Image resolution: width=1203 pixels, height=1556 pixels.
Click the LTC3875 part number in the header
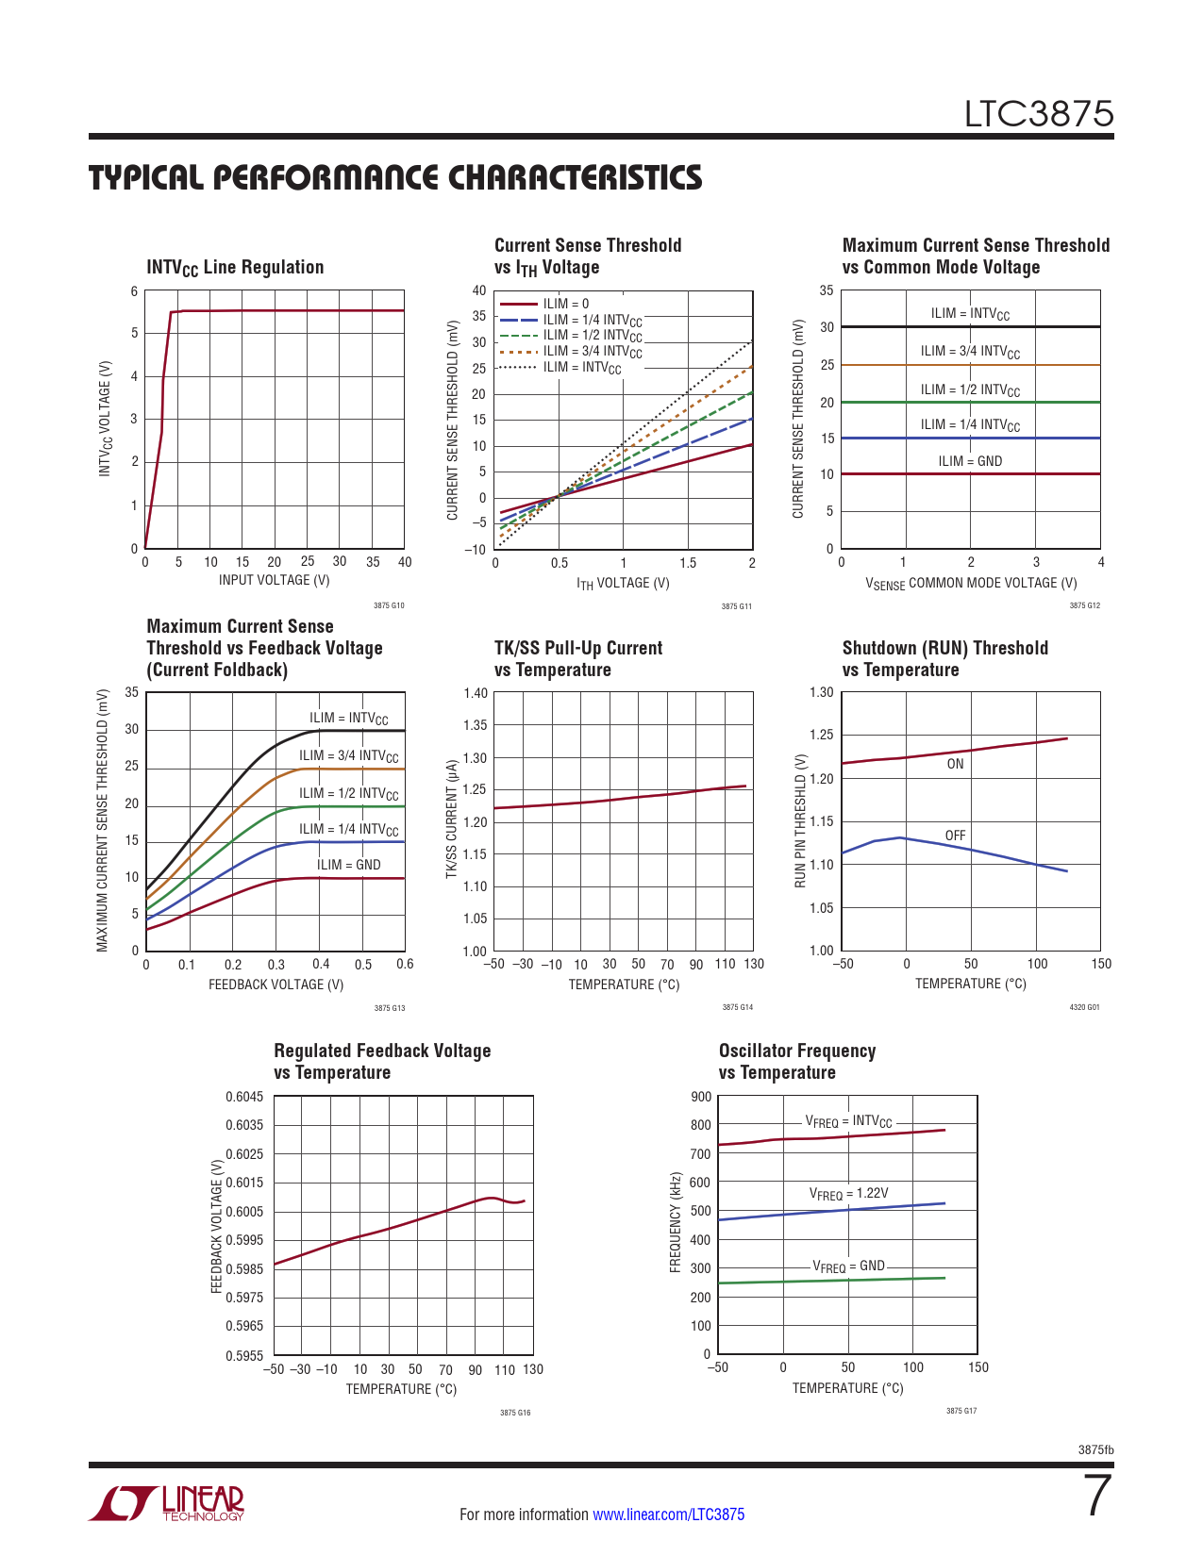point(1038,114)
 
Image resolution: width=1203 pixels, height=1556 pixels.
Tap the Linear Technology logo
point(167,1503)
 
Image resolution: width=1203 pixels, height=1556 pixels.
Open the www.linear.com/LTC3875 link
point(668,1515)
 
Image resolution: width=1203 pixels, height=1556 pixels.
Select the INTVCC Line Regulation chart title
point(235,268)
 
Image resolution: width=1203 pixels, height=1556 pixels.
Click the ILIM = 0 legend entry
point(565,304)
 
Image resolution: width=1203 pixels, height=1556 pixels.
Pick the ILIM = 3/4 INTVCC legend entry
point(592,352)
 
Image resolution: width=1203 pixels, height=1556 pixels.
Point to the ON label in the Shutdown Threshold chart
point(955,764)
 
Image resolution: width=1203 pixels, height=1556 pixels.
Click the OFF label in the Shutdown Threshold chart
point(955,836)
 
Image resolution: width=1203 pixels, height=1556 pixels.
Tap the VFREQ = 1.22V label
point(848,1194)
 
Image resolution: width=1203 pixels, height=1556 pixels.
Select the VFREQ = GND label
point(848,1266)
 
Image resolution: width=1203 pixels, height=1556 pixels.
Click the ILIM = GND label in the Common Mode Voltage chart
point(970,461)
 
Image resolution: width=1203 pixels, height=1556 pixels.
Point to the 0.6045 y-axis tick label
point(244,1096)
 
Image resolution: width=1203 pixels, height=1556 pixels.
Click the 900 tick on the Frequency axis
point(701,1097)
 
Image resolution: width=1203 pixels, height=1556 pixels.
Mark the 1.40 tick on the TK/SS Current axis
point(476,693)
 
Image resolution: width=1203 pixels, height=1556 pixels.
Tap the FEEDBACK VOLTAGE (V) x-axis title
point(276,985)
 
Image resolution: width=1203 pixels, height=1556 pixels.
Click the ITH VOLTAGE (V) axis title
point(623,584)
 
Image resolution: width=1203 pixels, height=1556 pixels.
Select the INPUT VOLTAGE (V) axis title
point(275,580)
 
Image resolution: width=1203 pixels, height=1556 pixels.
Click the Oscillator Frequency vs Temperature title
point(797,1062)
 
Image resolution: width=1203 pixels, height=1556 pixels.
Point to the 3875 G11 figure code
point(737,606)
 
